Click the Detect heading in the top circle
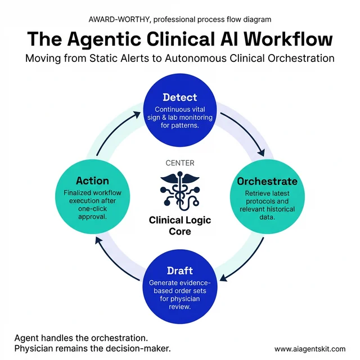pyautogui.click(x=179, y=97)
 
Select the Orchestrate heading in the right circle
pyautogui.click(x=267, y=182)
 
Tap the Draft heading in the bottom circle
pyautogui.click(x=179, y=271)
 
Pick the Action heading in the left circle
pyautogui.click(x=92, y=181)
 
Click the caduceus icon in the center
pyautogui.click(x=179, y=191)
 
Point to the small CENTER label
pyautogui.click(x=179, y=163)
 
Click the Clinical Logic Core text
pyautogui.click(x=179, y=226)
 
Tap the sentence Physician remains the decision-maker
pyautogui.click(x=92, y=349)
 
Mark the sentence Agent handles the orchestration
pyautogui.click(x=81, y=337)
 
